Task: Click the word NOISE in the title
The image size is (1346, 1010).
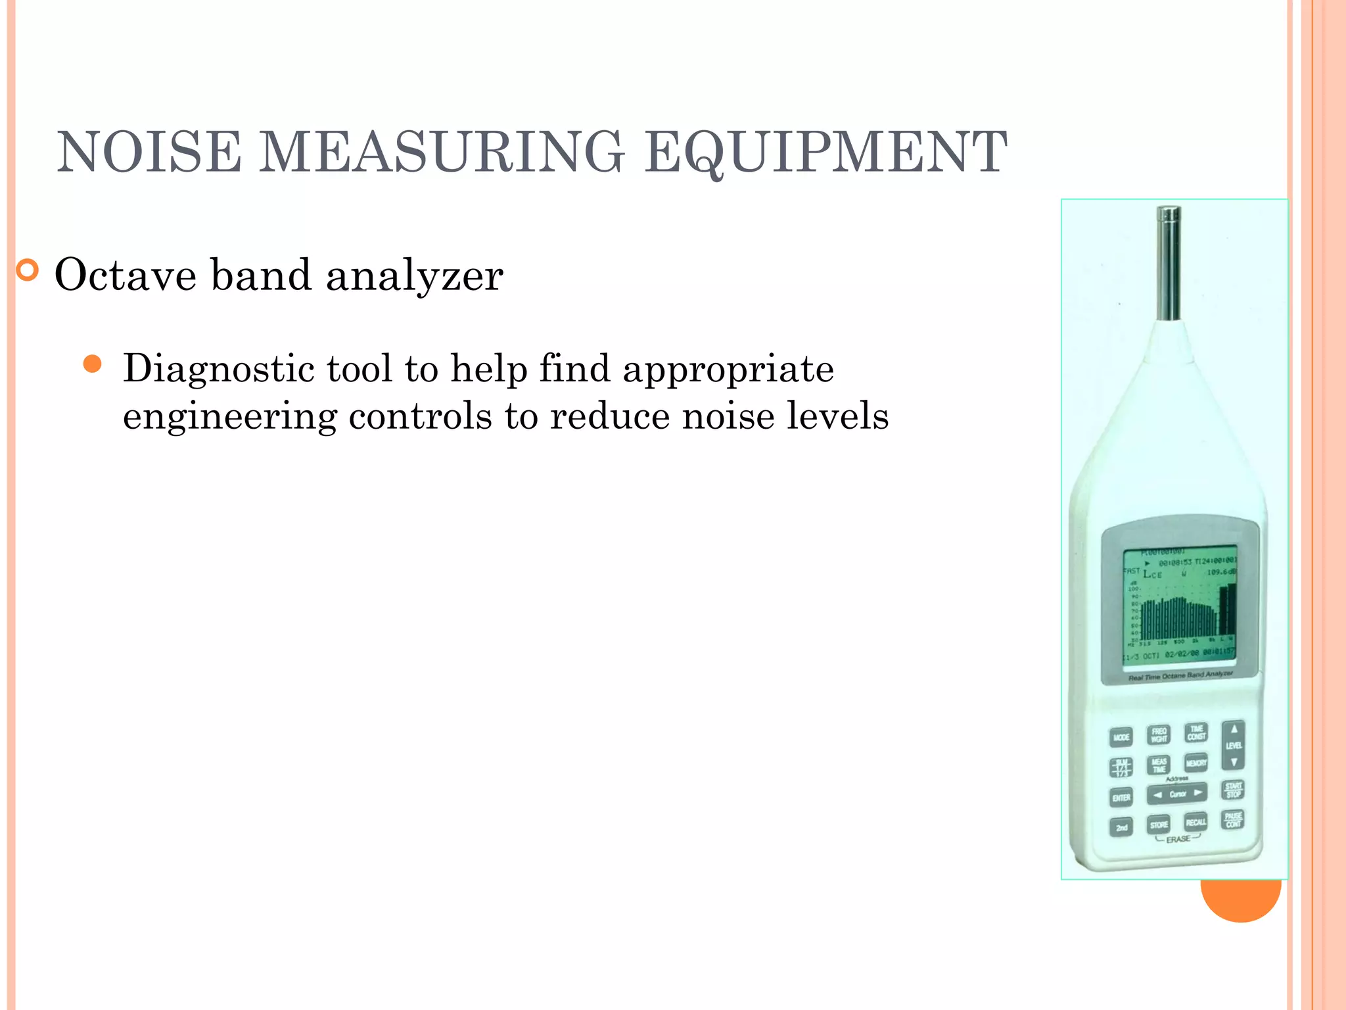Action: pyautogui.click(x=149, y=153)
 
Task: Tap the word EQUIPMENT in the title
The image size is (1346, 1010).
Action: pyautogui.click(x=825, y=153)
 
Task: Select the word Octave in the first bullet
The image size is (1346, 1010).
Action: pyautogui.click(x=125, y=275)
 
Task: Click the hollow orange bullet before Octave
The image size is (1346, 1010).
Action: pyautogui.click(x=28, y=270)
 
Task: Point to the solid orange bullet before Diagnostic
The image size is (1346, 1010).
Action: pyautogui.click(x=93, y=364)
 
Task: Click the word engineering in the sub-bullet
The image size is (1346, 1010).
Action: pyautogui.click(x=229, y=417)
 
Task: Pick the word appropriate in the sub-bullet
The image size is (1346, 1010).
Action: pyautogui.click(x=728, y=370)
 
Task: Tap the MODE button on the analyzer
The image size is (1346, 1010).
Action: pyautogui.click(x=1121, y=737)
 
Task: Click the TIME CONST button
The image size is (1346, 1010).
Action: pyautogui.click(x=1196, y=733)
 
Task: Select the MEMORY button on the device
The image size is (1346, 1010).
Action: pyautogui.click(x=1196, y=763)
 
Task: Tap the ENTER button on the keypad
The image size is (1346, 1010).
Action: pyautogui.click(x=1121, y=798)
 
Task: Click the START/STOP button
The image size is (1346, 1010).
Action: pyautogui.click(x=1233, y=790)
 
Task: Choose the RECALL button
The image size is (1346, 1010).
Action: pyautogui.click(x=1196, y=822)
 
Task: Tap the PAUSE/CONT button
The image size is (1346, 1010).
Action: pyautogui.click(x=1233, y=820)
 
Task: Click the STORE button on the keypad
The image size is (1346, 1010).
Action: pyautogui.click(x=1159, y=825)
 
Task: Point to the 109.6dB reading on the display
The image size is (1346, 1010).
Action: pyautogui.click(x=1221, y=572)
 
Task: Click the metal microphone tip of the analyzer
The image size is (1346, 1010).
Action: pyautogui.click(x=1169, y=263)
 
